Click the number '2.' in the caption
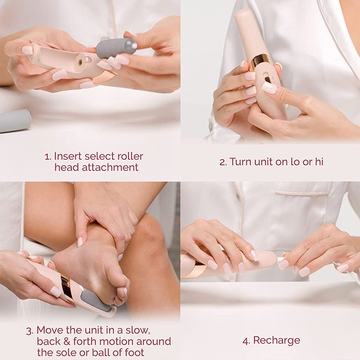click(223, 162)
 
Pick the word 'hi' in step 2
click(318, 162)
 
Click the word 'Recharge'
click(276, 341)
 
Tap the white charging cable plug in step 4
click(281, 260)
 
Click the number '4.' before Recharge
click(246, 341)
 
